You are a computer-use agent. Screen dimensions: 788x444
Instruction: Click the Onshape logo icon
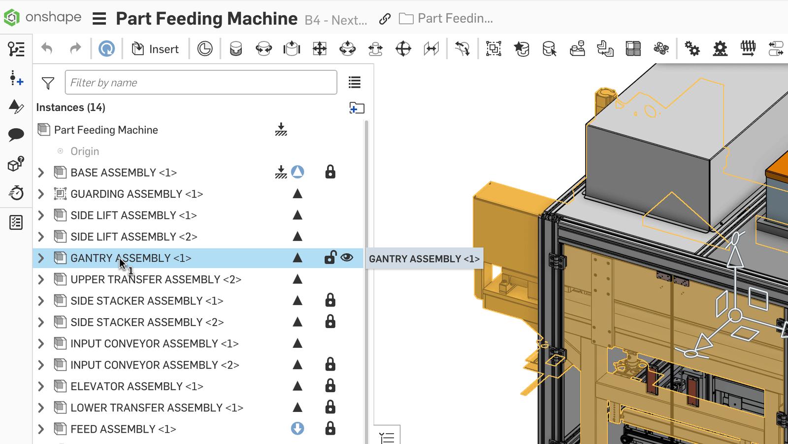coord(12,18)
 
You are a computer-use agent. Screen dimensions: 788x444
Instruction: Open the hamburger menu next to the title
coord(99,19)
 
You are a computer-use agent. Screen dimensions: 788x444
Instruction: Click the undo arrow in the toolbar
coord(47,48)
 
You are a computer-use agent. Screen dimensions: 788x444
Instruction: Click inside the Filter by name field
coord(201,82)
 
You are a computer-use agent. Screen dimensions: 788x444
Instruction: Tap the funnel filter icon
coord(48,83)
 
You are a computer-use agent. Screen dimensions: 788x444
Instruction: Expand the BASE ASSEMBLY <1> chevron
coord(41,173)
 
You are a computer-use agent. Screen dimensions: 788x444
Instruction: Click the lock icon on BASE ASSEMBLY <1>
coord(330,172)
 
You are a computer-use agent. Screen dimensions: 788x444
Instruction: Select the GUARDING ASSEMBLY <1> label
coord(137,194)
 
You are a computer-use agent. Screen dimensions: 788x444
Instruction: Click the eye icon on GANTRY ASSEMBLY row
coord(347,257)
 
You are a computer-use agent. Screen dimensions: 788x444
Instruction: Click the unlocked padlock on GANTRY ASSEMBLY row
coord(330,258)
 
